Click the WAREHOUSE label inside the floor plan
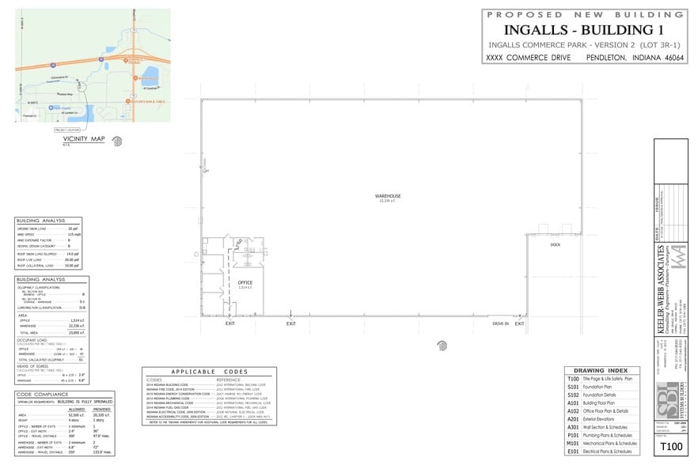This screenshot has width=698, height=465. (388, 195)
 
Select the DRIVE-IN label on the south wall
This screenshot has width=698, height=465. (500, 323)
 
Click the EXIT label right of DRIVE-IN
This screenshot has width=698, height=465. (520, 323)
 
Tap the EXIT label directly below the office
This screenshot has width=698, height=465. (230, 323)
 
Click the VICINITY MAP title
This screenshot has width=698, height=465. (84, 139)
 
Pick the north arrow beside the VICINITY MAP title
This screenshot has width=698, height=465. (117, 142)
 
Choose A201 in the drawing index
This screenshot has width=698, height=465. (574, 419)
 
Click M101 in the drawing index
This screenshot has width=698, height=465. (574, 443)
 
